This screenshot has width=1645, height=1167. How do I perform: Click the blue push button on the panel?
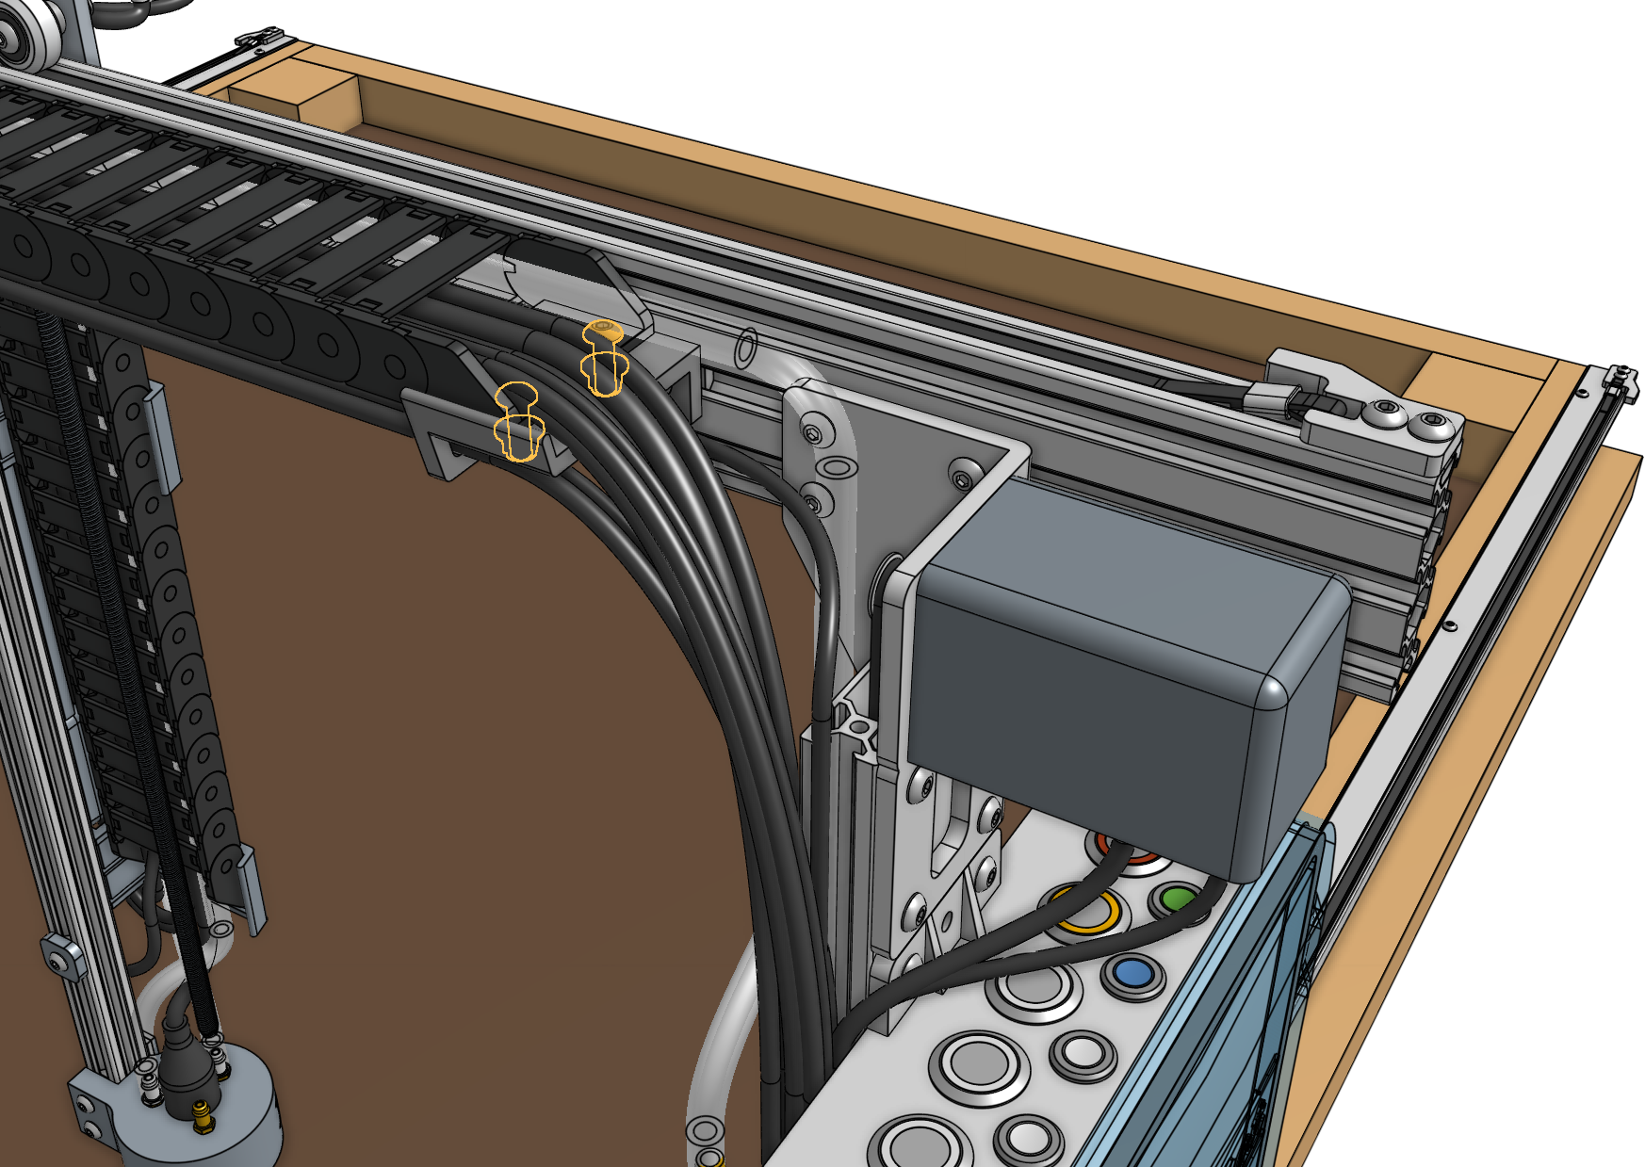pyautogui.click(x=1133, y=971)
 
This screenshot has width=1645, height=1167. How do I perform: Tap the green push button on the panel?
pyautogui.click(x=1177, y=899)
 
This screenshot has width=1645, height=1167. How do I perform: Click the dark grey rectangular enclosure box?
pyautogui.click(x=1121, y=678)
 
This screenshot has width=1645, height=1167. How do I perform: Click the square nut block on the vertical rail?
pyautogui.click(x=60, y=959)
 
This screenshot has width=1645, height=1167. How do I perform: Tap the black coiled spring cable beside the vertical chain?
pyautogui.click(x=132, y=659)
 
